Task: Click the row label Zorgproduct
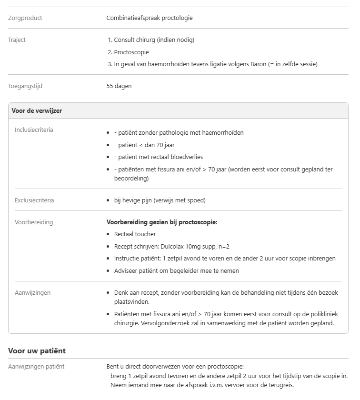coord(25,18)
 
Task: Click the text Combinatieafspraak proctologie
coord(150,18)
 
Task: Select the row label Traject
coord(17,40)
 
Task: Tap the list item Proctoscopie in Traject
coord(131,52)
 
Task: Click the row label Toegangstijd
coord(25,86)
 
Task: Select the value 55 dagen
coord(119,86)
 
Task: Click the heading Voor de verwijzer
coord(37,110)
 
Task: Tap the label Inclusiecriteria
coord(34,130)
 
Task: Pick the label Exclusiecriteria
coord(34,200)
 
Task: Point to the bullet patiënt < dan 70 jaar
coord(143,145)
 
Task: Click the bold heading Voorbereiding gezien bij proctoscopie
coord(162,222)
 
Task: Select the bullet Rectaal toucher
coord(135,234)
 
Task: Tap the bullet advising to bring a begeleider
coord(176,270)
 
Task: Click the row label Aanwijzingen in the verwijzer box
coord(32,292)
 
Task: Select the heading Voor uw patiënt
coord(37,351)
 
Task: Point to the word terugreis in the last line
coord(281,385)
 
